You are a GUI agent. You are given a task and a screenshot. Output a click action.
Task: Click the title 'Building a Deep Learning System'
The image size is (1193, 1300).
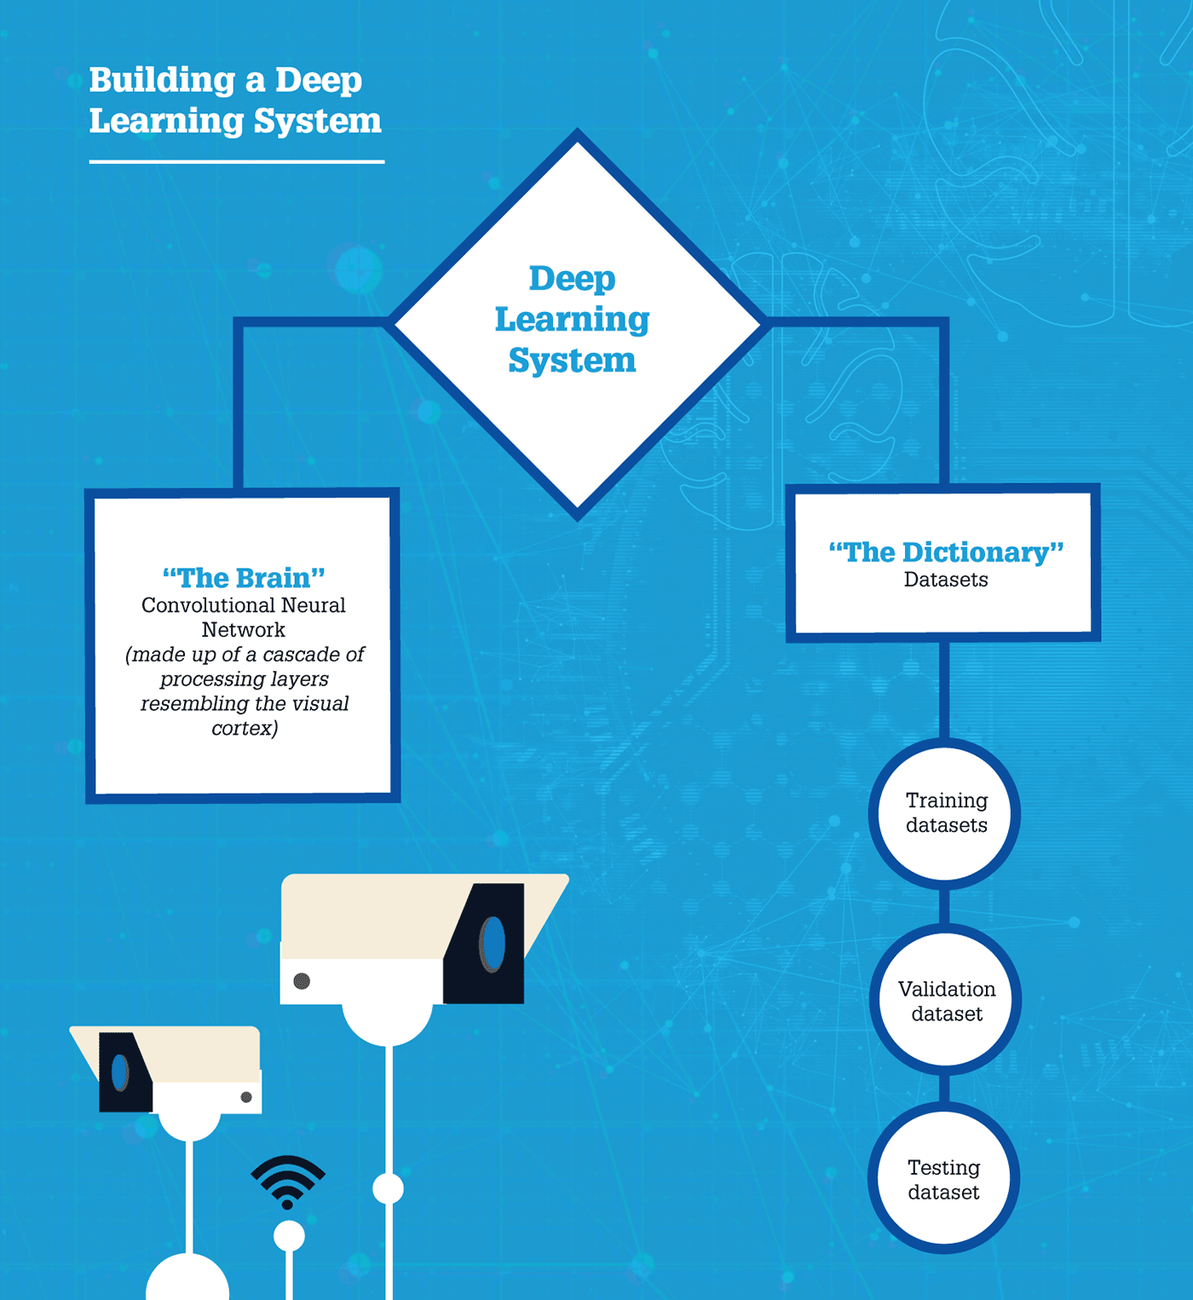pos(235,101)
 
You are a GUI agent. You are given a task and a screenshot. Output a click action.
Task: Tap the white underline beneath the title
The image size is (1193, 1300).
pos(237,161)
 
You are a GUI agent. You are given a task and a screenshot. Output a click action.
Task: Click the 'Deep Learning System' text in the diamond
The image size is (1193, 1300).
pos(572,319)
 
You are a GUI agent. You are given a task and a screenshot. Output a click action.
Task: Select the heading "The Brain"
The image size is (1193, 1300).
pos(244,577)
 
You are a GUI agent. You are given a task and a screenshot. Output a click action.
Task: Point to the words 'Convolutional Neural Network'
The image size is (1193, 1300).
pos(244,617)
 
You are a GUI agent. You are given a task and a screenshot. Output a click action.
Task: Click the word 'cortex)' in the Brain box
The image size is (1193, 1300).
pos(245,728)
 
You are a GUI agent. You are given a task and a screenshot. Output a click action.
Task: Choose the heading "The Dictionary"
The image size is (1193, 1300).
pos(946,552)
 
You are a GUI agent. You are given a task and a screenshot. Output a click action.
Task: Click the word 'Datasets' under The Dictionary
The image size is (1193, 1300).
pos(946,580)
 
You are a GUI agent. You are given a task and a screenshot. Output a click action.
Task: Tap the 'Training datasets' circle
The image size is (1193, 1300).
pos(945,813)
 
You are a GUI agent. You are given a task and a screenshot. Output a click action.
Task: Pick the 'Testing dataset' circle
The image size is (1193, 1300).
pos(944,1178)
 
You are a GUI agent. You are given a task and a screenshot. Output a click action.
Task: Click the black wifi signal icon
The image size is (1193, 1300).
pos(288,1182)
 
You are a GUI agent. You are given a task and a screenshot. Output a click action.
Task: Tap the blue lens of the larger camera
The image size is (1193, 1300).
pos(493,945)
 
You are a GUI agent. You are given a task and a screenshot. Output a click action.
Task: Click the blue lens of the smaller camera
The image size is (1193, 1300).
pos(120,1073)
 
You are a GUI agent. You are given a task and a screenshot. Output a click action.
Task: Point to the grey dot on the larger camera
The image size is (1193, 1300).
pos(302,981)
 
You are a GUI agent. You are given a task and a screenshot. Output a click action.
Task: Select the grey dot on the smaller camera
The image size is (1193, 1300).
pos(246,1097)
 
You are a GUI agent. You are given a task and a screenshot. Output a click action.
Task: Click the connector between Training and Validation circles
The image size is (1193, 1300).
pos(944,907)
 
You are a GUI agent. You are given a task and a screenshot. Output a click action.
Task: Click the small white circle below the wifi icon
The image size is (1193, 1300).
pos(289,1236)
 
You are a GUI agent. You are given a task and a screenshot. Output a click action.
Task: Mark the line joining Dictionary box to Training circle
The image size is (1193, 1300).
pos(944,690)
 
